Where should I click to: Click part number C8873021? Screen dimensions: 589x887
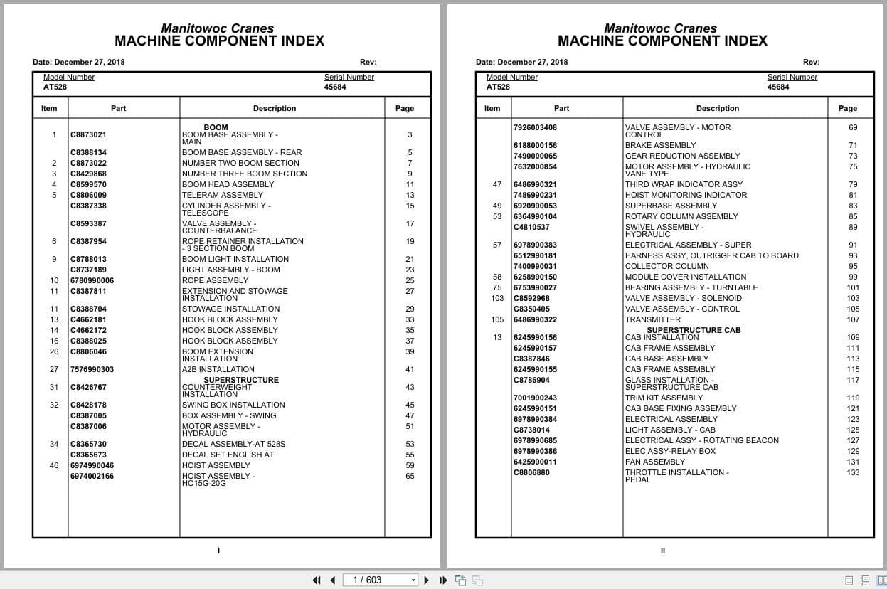[88, 134]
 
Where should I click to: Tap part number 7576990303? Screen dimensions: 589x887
[92, 369]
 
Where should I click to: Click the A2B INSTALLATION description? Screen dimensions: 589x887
[218, 369]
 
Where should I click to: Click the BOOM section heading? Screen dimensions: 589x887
[216, 128]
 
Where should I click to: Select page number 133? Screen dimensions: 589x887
[853, 472]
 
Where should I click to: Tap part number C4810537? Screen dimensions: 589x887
[531, 227]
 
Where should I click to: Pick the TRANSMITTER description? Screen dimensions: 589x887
[652, 319]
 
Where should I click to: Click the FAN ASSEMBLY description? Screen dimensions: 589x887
[654, 462]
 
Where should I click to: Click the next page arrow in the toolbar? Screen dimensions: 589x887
[427, 580]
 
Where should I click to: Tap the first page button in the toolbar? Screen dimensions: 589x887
[317, 580]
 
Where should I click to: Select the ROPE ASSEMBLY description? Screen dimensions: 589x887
[215, 280]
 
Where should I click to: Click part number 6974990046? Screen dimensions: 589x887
[92, 465]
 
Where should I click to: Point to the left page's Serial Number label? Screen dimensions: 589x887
[349, 77]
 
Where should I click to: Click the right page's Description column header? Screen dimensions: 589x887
[717, 108]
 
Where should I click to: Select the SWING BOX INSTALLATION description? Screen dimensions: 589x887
[233, 405]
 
